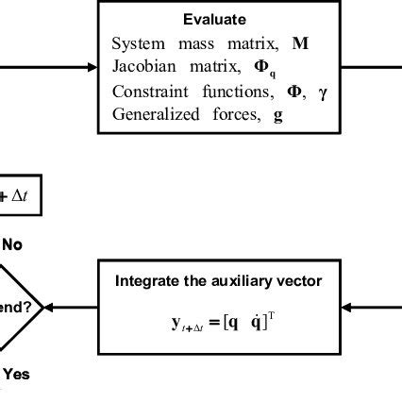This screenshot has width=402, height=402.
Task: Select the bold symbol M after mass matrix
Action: click(301, 44)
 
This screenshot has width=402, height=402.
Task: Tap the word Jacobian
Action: click(142, 68)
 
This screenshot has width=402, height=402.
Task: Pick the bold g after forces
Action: click(278, 116)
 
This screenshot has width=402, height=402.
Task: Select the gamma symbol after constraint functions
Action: click(323, 92)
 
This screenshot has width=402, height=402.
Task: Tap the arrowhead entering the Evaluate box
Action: click(92, 68)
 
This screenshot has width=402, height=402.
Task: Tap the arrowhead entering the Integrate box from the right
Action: click(346, 307)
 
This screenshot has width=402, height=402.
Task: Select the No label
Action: click(11, 244)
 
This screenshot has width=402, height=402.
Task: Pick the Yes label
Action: click(14, 374)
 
